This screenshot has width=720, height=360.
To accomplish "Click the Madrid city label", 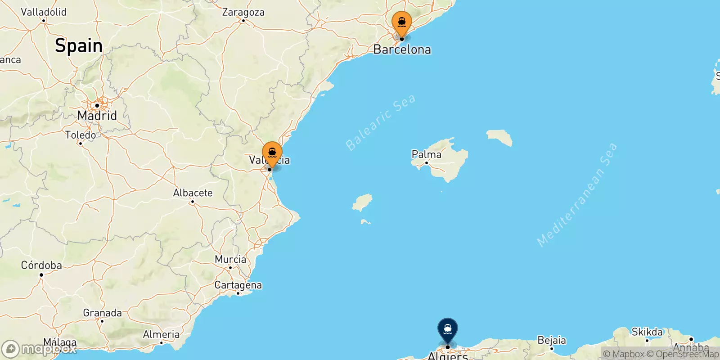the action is pyautogui.click(x=97, y=116).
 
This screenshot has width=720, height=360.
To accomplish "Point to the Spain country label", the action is pyautogui.click(x=79, y=46).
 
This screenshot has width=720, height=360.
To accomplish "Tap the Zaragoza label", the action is pyautogui.click(x=243, y=12).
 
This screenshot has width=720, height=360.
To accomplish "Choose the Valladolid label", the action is pyautogui.click(x=44, y=12).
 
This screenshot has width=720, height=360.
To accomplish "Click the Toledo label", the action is pyautogui.click(x=80, y=135).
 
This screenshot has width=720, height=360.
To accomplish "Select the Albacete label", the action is pyautogui.click(x=193, y=193).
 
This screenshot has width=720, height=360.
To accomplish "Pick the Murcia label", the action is pyautogui.click(x=230, y=260).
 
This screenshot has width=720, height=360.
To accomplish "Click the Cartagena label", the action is pyautogui.click(x=238, y=285).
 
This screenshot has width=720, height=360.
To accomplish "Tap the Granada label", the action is pyautogui.click(x=102, y=313).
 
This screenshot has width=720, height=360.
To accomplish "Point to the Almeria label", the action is pyautogui.click(x=161, y=334).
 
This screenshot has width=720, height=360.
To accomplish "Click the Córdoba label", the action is pyautogui.click(x=41, y=265).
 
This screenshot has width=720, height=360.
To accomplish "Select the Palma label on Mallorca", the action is pyautogui.click(x=427, y=155).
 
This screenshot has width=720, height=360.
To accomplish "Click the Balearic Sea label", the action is pyautogui.click(x=380, y=122).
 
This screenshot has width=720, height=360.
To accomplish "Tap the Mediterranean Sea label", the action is pyautogui.click(x=577, y=194).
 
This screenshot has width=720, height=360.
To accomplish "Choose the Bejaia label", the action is pyautogui.click(x=552, y=340).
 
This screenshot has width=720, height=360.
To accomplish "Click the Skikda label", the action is pyautogui.click(x=647, y=332).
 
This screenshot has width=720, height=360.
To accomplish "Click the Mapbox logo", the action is pyautogui.click(x=39, y=349).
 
